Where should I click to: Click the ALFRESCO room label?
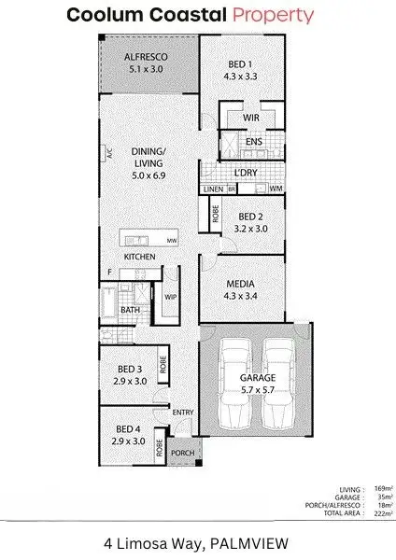[x=146, y=57]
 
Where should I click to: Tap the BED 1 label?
[x=239, y=64]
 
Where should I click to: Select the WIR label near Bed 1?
[x=249, y=119]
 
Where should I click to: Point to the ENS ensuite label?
[x=253, y=142]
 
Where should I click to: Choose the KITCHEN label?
[x=139, y=257]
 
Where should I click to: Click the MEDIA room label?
[x=240, y=285]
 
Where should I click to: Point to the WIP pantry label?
[x=170, y=298]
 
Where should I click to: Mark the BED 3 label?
[x=129, y=370]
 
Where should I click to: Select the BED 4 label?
[x=129, y=430]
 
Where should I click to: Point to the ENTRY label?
[x=183, y=412]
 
